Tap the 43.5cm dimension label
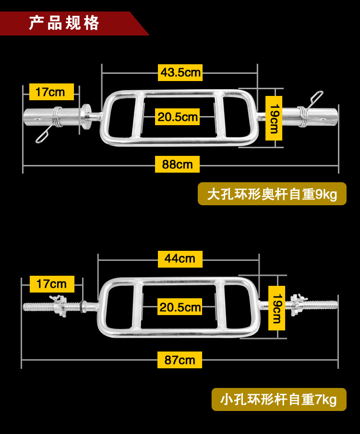pos(180,73)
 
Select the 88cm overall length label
pos(177,164)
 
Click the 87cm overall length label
pos(180,360)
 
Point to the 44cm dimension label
pos(180,258)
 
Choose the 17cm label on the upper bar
pos(51,92)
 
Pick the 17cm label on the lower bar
pos(51,284)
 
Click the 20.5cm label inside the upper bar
pos(178,117)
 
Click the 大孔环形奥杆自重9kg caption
pos(272,195)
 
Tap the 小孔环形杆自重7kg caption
pos(278,399)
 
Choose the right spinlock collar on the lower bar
pos(298,303)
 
